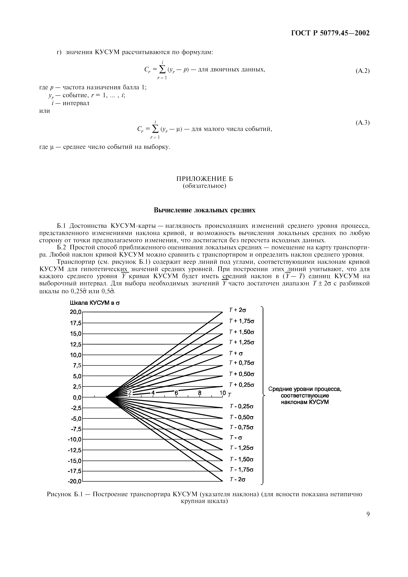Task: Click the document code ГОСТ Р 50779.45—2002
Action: pyautogui.click(x=330, y=33)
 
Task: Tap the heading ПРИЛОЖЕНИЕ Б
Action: pyautogui.click(x=204, y=179)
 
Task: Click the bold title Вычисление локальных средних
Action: pyautogui.click(x=204, y=210)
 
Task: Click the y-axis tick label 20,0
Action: pyautogui.click(x=76, y=312)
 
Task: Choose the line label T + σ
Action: pyautogui.click(x=236, y=353)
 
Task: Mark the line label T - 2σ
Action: pyautogui.click(x=237, y=480)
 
